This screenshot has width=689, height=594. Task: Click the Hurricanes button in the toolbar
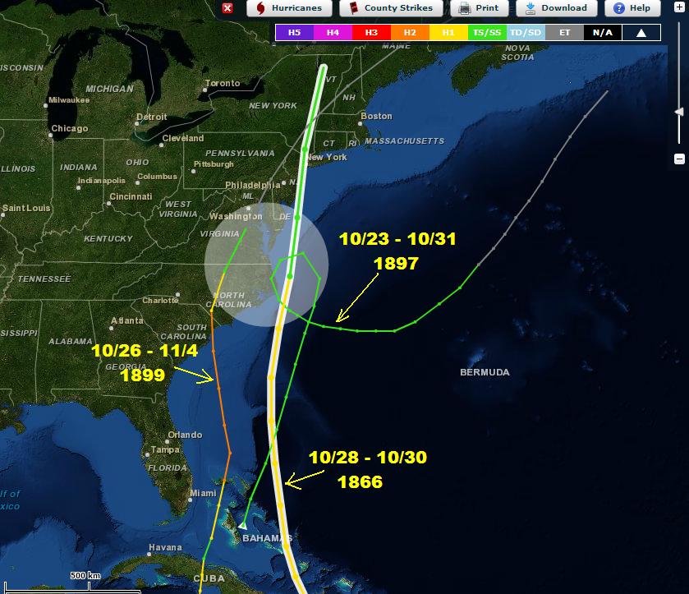[289, 8]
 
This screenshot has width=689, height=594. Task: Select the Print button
[480, 8]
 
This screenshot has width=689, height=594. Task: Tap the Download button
[556, 8]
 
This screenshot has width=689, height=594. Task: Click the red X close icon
[227, 8]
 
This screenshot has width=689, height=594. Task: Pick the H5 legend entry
[293, 33]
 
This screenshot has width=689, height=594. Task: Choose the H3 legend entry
[370, 33]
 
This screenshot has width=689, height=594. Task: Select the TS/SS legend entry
[486, 33]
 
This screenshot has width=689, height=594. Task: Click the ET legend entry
[563, 33]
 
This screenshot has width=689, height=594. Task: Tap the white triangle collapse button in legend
[641, 33]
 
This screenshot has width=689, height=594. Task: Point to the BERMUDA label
[485, 372]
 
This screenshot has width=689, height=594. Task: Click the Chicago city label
[69, 129]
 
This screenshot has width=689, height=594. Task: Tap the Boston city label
[376, 116]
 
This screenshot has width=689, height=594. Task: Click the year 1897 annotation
[396, 264]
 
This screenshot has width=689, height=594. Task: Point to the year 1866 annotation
[360, 482]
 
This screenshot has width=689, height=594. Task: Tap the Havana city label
[165, 548]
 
